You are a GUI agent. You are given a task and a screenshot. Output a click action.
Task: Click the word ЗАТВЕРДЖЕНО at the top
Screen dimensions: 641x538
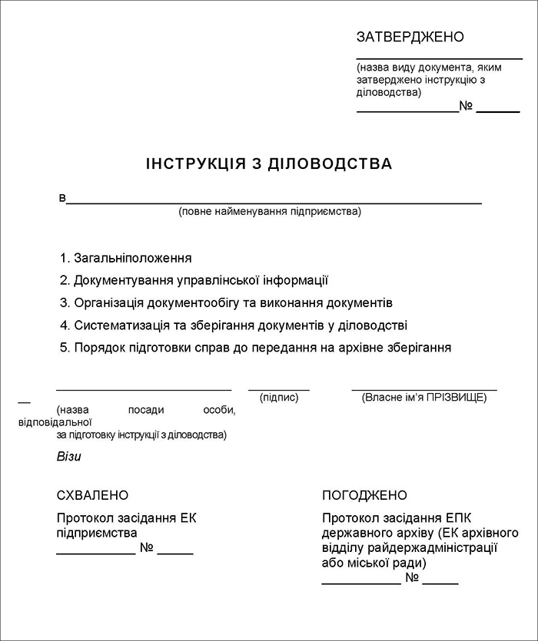pos(410,37)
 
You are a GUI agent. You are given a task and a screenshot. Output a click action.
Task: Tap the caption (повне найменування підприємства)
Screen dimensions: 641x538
pos(270,211)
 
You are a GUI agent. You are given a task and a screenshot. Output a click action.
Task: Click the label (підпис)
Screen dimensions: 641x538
pos(279,398)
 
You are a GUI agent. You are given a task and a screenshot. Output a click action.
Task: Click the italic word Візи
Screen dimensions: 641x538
pos(68,457)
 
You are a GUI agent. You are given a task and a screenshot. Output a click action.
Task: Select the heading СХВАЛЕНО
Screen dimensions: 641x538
pos(92,495)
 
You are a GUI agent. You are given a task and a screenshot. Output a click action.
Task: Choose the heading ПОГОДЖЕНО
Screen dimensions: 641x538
pos(364,495)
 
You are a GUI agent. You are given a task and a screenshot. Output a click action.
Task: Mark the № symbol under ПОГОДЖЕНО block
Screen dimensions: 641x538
pos(412,578)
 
